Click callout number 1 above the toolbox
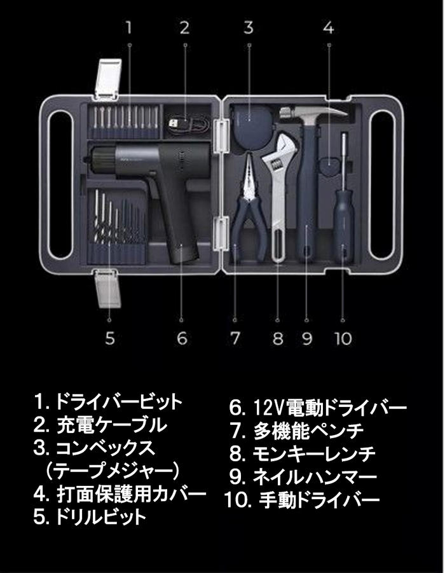(x=129, y=27)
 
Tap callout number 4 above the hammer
(x=328, y=27)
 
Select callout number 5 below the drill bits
(x=110, y=338)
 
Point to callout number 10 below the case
(x=343, y=338)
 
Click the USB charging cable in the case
(x=184, y=121)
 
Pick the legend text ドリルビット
(x=100, y=516)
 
